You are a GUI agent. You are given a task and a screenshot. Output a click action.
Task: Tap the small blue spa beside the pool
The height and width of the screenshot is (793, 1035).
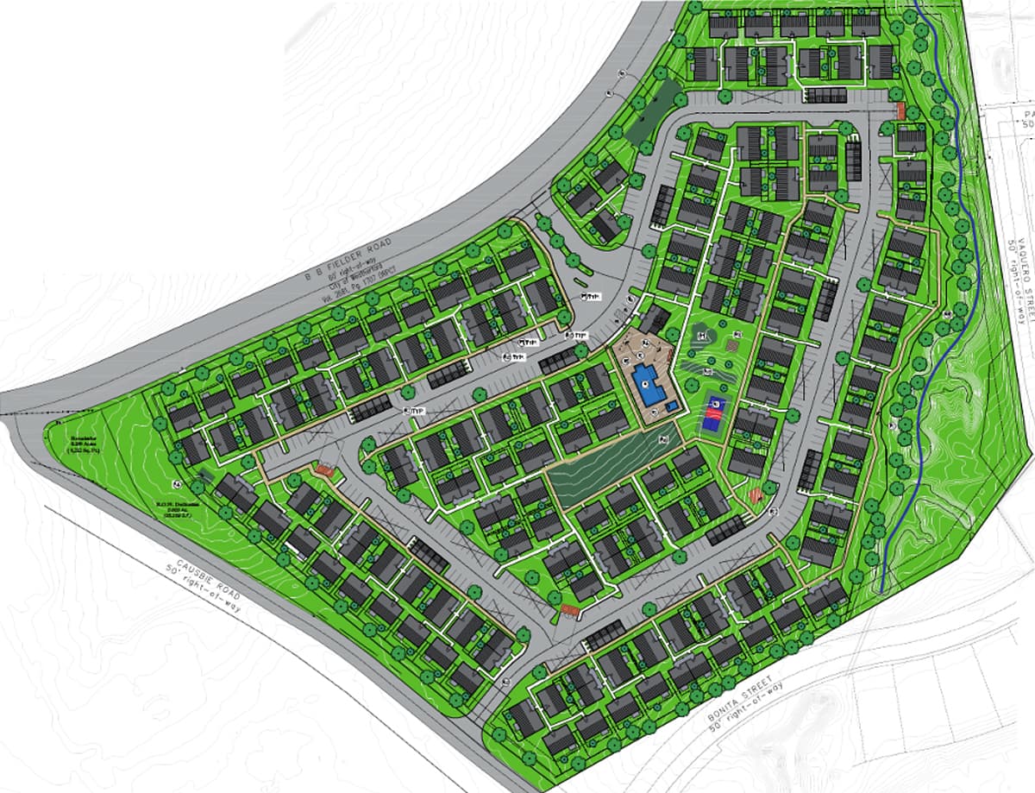coord(672,406)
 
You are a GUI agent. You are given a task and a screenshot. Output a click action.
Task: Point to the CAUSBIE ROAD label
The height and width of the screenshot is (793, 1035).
coord(203,574)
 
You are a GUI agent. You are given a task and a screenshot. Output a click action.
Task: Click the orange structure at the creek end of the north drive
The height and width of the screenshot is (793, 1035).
coord(900,110)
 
